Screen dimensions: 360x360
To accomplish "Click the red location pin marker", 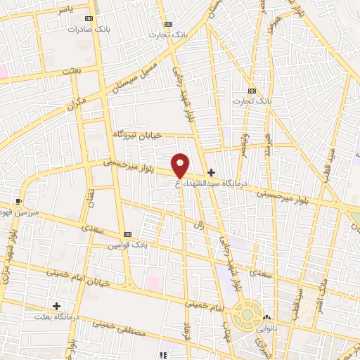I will click(x=181, y=165).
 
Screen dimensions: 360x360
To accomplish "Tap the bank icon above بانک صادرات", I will click(x=88, y=19).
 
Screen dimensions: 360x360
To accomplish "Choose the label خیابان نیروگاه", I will click(x=138, y=134).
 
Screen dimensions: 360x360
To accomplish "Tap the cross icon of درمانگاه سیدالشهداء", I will click(x=211, y=172).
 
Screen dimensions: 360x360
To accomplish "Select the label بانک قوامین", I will click(x=126, y=246).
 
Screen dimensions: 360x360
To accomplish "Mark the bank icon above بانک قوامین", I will click(x=127, y=234).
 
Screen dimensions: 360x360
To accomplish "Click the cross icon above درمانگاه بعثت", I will click(x=56, y=306).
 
